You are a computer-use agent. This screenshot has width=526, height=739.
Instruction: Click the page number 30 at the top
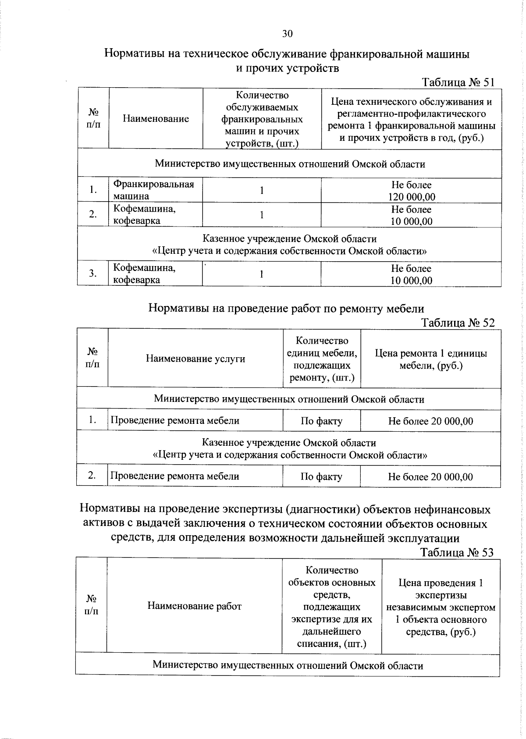[287, 34]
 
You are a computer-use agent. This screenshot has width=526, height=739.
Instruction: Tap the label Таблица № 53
[457, 552]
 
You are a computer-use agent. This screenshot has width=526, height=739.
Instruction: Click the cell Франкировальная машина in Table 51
[153, 190]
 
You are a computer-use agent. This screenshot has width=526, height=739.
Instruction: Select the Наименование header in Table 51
[156, 118]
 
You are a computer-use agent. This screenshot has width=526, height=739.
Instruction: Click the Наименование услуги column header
[195, 359]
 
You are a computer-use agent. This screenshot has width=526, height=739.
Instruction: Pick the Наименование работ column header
[194, 606]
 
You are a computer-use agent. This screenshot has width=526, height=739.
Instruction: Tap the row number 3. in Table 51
[92, 274]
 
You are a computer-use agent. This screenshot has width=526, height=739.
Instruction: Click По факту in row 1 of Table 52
[321, 421]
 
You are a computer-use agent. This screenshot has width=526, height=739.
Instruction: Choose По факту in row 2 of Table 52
[321, 476]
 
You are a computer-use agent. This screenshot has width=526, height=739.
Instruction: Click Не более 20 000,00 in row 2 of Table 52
[430, 476]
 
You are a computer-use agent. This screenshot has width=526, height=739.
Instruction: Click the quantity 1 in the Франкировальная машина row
[262, 190]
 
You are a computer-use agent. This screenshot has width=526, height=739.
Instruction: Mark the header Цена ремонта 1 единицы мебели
[430, 359]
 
